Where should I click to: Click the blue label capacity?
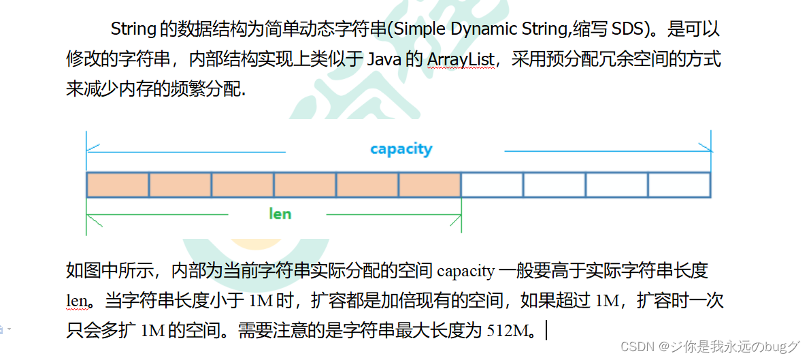(x=401, y=148)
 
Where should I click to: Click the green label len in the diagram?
(x=280, y=214)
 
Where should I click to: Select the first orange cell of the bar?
(x=118, y=185)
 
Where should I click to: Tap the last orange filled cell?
(x=430, y=185)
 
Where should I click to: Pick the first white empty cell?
(x=492, y=185)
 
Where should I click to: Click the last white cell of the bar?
(x=679, y=185)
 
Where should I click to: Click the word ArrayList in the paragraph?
(x=461, y=59)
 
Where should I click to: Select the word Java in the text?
(x=384, y=59)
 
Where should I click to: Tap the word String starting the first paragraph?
(x=133, y=30)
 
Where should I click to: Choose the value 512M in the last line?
(x=508, y=331)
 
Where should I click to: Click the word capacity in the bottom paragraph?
(x=465, y=272)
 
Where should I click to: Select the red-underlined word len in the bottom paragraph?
(x=76, y=301)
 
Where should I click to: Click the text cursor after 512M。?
(x=546, y=331)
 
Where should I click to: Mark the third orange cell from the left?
(x=242, y=185)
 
